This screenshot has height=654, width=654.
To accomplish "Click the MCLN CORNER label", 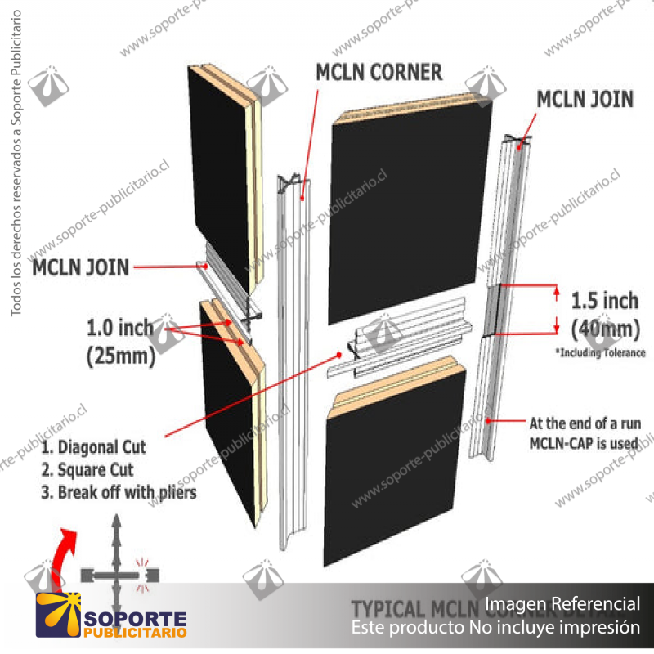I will pyautogui.click(x=379, y=72).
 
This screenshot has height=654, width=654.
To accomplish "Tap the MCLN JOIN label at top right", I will pyautogui.click(x=585, y=99).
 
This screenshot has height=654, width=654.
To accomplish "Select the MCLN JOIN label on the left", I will pyautogui.click(x=80, y=267).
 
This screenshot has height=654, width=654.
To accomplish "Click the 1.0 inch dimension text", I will pyautogui.click(x=120, y=329).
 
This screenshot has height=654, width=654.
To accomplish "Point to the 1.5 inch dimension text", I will pyautogui.click(x=605, y=300).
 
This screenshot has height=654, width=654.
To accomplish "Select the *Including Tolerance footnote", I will pyautogui.click(x=600, y=353).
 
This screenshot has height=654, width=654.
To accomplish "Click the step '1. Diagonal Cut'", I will pyautogui.click(x=93, y=448).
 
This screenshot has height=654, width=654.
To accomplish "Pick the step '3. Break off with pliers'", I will pyautogui.click(x=119, y=493).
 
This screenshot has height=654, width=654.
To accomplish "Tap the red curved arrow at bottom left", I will pyautogui.click(x=58, y=556).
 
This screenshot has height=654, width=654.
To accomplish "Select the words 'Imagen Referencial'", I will pyautogui.click(x=562, y=604).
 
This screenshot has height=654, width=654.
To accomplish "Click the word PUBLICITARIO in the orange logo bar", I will pyautogui.click(x=135, y=632).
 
